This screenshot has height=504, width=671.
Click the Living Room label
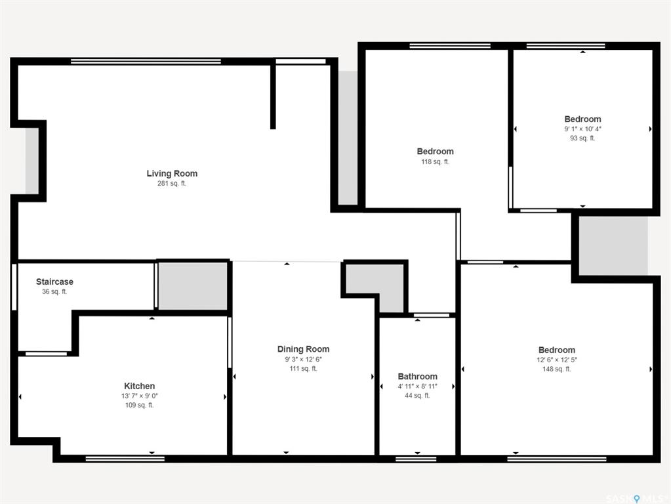coord(172,173)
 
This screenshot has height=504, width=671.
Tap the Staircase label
coord(54,282)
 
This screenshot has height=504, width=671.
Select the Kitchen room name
coord(140,386)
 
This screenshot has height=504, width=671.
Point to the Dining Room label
coord(304,349)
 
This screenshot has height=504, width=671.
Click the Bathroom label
coord(418,377)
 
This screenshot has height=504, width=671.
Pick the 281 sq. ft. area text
coord(172,183)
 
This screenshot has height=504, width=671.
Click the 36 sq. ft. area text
coord(54,291)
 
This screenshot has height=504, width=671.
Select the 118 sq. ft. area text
coord(436,161)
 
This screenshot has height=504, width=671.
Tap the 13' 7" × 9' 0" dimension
coord(140,396)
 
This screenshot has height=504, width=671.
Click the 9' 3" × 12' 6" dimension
coord(304,359)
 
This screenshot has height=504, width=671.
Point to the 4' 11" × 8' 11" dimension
coord(418,387)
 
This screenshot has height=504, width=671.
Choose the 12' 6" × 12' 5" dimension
coord(557,360)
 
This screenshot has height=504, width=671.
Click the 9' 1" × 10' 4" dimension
coord(582,129)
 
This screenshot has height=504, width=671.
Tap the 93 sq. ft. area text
coord(582,138)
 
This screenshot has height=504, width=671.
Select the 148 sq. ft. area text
coord(557,369)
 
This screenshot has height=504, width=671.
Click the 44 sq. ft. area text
coord(418,395)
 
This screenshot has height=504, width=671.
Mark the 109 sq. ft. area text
coord(140,405)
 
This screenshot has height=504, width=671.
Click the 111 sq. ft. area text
coord(304,368)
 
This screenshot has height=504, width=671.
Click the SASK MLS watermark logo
coord(635,499)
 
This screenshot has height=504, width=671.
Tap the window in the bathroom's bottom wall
coord(416,459)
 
